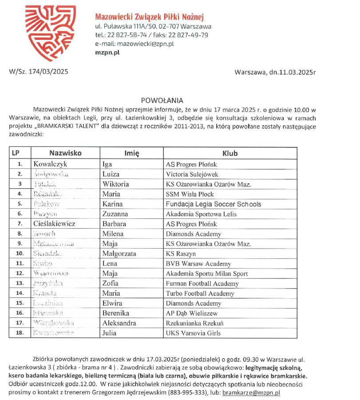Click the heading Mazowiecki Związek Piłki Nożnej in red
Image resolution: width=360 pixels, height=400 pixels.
[x=149, y=17]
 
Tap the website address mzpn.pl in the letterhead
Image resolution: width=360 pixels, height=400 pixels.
[x=107, y=52]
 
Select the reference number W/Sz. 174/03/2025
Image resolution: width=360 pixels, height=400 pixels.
[x=39, y=72]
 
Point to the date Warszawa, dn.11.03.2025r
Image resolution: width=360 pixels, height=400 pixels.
[x=275, y=72]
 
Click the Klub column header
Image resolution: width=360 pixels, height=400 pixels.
[x=230, y=153]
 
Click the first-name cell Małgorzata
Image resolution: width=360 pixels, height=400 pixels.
[x=119, y=254]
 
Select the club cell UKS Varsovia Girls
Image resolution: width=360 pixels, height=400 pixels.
[x=193, y=333]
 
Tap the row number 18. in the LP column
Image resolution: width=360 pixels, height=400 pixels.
[x=20, y=333]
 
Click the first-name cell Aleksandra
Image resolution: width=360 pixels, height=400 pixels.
[x=119, y=323]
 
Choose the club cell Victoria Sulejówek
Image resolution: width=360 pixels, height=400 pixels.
[x=194, y=174]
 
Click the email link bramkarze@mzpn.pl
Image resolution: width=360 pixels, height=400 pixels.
[x=251, y=393]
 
